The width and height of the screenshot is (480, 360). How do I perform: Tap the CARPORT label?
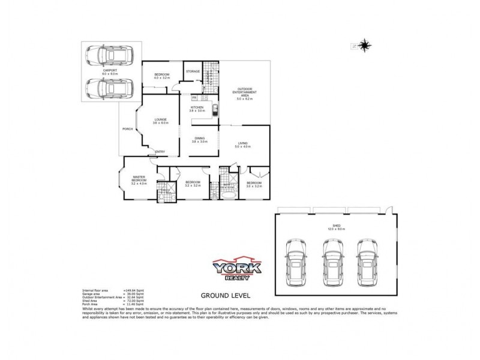(x=110, y=71)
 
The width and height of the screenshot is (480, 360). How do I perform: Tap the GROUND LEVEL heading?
(x=224, y=295)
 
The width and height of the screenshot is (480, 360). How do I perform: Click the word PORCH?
(x=127, y=129)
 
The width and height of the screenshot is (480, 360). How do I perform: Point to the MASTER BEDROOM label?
(x=139, y=178)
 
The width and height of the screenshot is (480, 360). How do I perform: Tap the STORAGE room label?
(x=192, y=71)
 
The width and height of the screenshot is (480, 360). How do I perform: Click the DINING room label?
(x=199, y=139)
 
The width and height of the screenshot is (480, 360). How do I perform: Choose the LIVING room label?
(x=243, y=143)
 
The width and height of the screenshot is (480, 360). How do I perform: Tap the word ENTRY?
(x=160, y=151)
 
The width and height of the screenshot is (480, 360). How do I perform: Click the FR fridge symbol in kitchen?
(x=194, y=97)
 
